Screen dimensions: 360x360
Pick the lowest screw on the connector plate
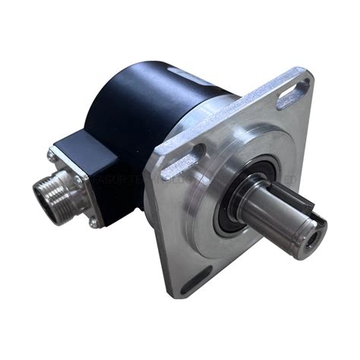[x=94, y=223]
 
